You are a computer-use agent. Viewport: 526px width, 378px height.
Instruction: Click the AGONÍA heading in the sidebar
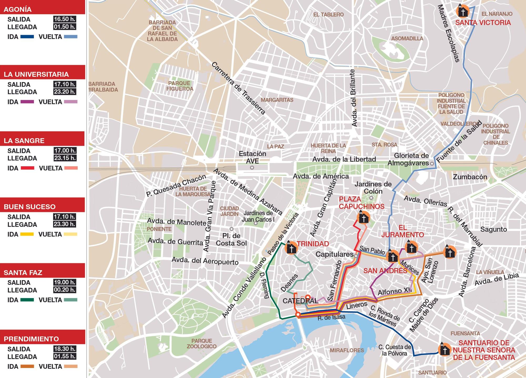click(18, 9)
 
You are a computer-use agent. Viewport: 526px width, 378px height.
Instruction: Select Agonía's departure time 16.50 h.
click(64, 19)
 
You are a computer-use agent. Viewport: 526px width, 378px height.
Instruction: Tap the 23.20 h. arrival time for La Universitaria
click(64, 92)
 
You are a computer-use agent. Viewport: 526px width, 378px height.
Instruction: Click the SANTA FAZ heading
click(23, 273)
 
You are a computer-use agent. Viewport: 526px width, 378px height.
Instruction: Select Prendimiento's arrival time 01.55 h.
click(64, 356)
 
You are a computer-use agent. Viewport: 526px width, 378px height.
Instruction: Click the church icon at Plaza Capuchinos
click(364, 218)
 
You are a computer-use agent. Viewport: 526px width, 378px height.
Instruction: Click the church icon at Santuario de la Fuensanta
click(445, 349)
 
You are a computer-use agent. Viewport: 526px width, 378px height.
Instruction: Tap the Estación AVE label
click(252, 157)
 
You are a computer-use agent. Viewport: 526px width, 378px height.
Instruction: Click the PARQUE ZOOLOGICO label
click(202, 344)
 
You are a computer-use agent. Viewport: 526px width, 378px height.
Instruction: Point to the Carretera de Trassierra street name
click(238, 88)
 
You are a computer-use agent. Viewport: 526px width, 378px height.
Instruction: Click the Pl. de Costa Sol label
click(231, 239)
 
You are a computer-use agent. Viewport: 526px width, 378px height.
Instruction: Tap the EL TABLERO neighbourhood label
click(328, 15)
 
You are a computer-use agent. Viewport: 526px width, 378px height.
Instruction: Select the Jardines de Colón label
click(373, 188)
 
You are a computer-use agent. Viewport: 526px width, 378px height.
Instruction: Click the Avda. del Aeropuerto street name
click(205, 261)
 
